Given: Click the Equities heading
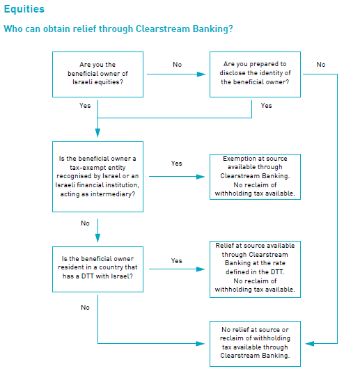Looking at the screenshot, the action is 24,9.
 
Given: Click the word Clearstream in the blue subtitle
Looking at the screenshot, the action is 163,29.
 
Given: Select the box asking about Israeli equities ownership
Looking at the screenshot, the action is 97,74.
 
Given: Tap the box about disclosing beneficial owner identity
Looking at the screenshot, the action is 255,74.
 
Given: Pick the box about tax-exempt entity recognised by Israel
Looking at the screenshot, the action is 97,177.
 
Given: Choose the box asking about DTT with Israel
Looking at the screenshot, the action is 97,269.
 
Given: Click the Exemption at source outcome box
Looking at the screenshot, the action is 255,177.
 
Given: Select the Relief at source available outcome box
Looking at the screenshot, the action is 255,269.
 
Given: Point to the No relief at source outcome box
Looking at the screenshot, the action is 255,344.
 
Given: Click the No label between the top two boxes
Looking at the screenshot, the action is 178,65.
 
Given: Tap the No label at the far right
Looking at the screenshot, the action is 321,65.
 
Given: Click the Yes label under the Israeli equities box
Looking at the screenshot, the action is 85,106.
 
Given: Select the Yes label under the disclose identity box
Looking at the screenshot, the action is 267,106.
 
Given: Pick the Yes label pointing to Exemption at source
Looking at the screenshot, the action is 177,164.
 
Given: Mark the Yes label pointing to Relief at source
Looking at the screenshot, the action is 177,261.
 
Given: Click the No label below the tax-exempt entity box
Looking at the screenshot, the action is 85,223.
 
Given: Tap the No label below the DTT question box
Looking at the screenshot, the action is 85,308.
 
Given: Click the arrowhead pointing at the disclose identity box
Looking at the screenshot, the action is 201,74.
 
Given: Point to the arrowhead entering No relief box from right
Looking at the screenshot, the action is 310,343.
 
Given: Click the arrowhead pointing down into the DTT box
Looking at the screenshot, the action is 97,238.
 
